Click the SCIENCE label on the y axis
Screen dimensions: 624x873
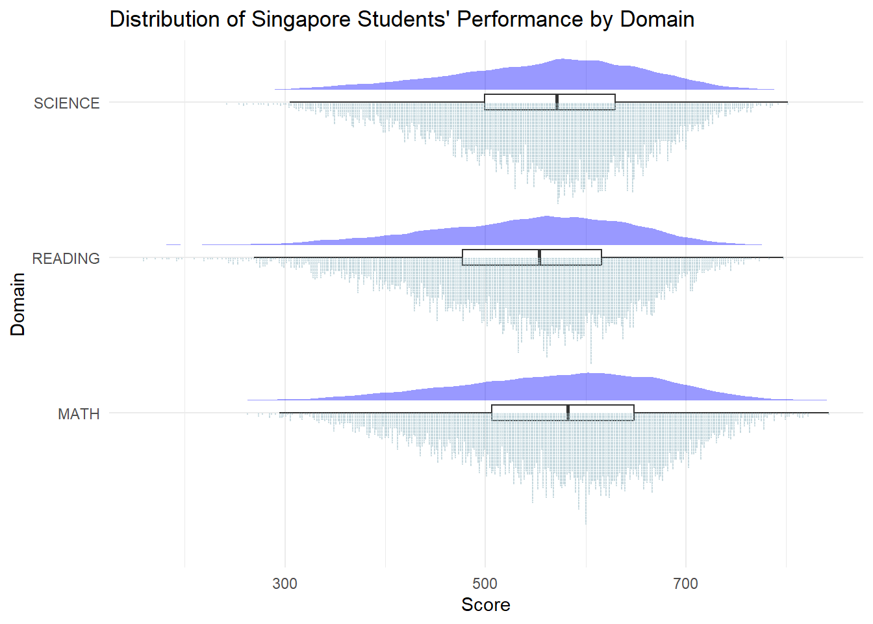point(66,103)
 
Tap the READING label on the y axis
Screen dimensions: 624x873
point(66,259)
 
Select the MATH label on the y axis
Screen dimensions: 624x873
point(79,414)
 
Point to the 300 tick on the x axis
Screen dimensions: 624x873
point(285,584)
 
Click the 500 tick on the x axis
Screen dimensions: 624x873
point(485,584)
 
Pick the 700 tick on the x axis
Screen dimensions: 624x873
point(685,584)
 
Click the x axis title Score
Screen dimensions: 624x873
point(485,605)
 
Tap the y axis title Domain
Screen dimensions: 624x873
point(18,304)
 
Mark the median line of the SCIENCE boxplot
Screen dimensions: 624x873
point(557,102)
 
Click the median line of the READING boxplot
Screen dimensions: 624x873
point(540,257)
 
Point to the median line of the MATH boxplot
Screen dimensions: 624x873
point(568,413)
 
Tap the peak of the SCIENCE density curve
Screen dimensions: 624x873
point(562,59)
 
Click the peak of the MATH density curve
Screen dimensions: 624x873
point(588,374)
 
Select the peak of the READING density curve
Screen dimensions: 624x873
point(546,216)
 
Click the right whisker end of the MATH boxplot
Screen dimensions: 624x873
point(828,413)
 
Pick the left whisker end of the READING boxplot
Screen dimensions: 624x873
point(255,257)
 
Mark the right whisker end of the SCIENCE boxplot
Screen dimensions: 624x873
point(787,102)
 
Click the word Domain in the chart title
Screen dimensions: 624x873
point(657,19)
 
